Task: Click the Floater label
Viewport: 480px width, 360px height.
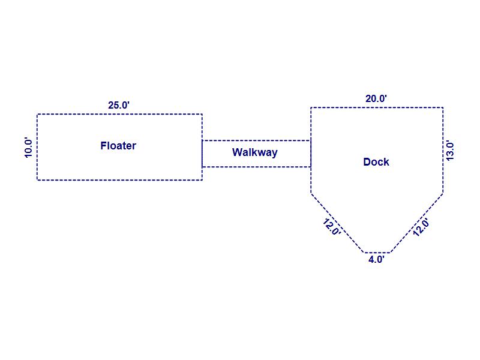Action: (118, 146)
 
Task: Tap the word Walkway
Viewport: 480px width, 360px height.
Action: (254, 152)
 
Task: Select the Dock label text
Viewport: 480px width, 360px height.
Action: (376, 162)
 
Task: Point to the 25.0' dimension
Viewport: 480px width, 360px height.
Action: (119, 106)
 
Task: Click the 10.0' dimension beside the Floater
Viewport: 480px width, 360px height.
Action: (28, 148)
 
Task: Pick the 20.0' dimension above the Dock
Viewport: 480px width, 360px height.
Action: (376, 98)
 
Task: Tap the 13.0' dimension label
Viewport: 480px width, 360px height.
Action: (449, 151)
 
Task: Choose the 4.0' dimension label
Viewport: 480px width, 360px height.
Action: (376, 260)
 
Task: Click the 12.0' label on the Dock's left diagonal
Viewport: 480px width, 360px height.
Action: (332, 227)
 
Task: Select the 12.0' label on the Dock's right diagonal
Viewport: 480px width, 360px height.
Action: (421, 227)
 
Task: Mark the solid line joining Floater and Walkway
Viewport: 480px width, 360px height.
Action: (202, 154)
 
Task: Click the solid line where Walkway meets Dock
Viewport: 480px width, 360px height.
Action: (311, 154)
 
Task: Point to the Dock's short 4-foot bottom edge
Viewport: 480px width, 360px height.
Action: (377, 253)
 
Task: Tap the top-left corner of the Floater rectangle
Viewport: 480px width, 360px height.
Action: (37, 114)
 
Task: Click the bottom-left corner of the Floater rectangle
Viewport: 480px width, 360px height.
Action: (37, 180)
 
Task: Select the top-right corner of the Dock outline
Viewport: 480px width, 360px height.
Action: (443, 107)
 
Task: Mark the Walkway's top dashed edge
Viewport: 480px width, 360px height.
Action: (257, 140)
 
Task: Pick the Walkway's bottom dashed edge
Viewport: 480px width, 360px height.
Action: (257, 167)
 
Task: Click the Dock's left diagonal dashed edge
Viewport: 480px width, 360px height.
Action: (337, 223)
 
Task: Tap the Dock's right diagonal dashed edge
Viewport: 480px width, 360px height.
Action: (416, 223)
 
